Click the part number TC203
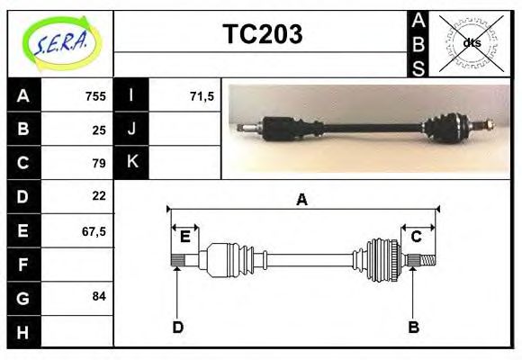(262, 34)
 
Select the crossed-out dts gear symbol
(471, 43)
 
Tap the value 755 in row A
(94, 96)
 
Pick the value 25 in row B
(98, 130)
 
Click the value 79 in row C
(98, 163)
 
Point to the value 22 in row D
(98, 195)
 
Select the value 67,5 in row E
(94, 230)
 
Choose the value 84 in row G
(98, 296)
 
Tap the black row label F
(23, 265)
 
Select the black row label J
(131, 130)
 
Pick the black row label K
(131, 163)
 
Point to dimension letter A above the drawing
(302, 200)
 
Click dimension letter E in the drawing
(184, 237)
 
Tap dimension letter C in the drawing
(417, 237)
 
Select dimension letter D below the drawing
(177, 327)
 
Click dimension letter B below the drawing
(413, 327)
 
